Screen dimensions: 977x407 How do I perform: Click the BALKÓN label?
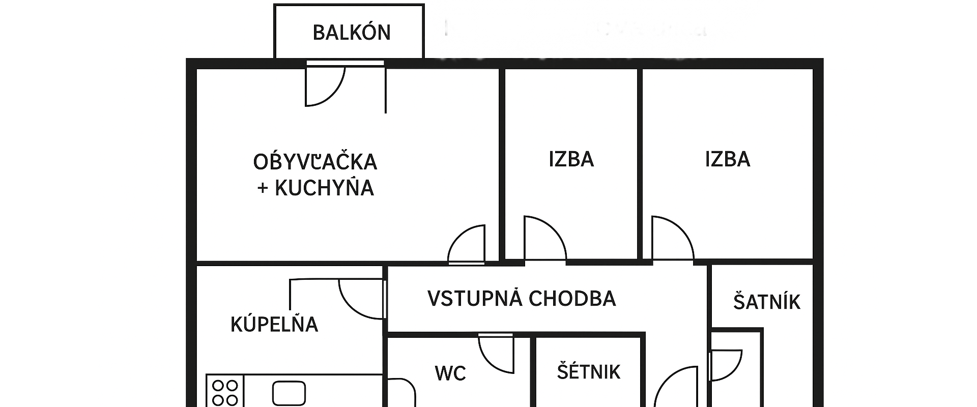351,33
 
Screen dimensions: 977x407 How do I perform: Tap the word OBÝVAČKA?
315,162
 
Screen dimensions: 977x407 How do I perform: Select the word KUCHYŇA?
324,188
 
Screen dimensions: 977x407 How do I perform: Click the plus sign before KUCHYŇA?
263,188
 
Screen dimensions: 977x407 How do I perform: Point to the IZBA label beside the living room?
571,159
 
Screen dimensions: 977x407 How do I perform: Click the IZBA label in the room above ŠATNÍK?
727,159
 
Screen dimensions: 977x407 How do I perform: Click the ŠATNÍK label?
766,302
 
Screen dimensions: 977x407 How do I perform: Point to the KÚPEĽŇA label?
274,325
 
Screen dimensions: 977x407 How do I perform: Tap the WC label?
450,373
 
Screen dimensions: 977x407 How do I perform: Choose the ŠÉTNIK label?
588,372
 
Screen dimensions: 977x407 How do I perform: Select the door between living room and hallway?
467,244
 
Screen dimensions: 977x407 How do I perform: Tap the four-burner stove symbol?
225,392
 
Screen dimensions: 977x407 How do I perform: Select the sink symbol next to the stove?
289,393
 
